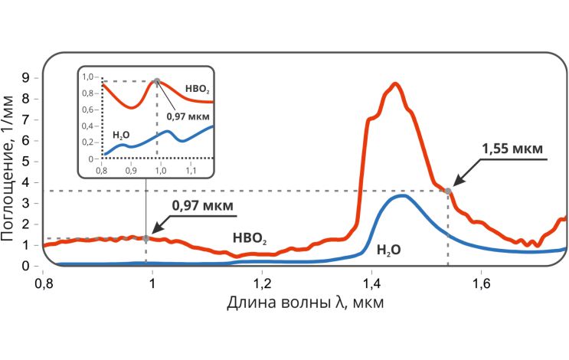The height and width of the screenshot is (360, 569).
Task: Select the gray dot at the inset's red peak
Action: pos(157,81)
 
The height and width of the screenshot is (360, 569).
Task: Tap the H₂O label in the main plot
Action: pos(389,250)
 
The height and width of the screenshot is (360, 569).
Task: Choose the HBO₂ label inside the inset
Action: pos(197,90)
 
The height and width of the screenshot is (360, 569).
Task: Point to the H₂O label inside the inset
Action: pos(120,134)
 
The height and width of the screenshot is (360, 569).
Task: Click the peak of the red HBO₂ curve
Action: pos(395,84)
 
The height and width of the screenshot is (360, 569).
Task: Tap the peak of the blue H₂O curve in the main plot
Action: pos(402,196)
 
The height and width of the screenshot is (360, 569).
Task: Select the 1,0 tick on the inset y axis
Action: pos(90,77)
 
